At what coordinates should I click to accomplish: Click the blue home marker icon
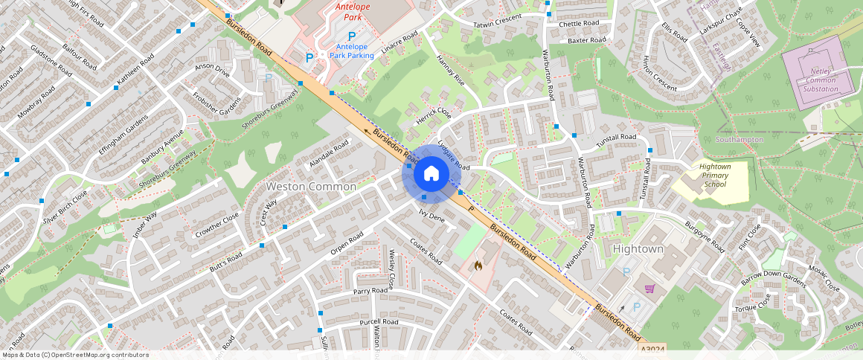pos(431,174)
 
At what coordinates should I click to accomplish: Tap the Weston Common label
pos(311,187)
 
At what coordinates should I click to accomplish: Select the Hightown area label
pos(638,248)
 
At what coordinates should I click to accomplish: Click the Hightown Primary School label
pos(714,176)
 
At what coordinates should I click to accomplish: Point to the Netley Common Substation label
pos(820,81)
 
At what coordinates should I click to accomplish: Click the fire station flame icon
pos(478,264)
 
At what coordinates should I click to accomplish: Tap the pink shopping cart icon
pos(649,289)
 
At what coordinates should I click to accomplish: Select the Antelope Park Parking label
pos(352,51)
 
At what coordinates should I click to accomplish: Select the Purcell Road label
pos(379,322)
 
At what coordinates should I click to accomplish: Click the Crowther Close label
pos(217,227)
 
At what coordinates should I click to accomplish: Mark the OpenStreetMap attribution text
pos(74,355)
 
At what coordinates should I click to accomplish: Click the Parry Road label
pos(371,292)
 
